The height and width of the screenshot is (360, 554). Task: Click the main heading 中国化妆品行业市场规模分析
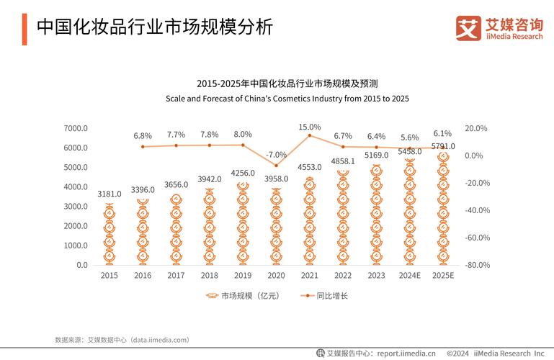(154, 27)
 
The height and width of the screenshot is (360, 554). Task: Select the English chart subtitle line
(287, 98)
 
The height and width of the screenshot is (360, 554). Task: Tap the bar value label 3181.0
(110, 194)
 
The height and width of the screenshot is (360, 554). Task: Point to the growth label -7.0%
(276, 154)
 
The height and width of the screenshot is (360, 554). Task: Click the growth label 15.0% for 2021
(310, 127)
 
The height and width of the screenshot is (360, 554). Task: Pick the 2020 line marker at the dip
(276, 166)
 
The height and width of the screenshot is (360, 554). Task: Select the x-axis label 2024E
(409, 276)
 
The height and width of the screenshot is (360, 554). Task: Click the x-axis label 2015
(110, 276)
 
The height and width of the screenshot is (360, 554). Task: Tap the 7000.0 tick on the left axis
(76, 128)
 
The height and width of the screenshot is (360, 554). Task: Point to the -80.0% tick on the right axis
(477, 265)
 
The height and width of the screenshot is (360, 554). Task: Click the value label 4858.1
(343, 161)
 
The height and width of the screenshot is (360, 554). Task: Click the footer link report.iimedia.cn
(406, 354)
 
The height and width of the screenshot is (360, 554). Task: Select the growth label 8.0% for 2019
(243, 134)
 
